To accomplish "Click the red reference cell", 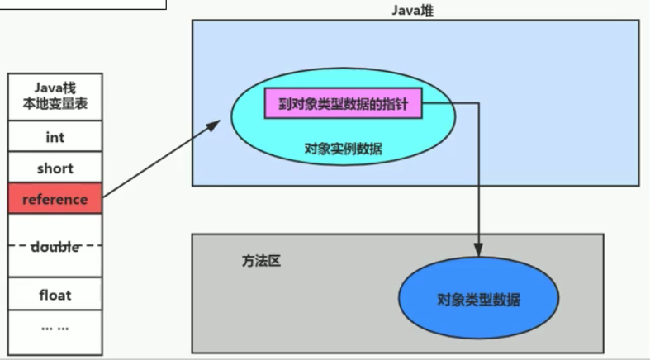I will click(55, 199).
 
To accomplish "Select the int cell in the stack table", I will click(55, 138).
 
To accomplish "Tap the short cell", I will click(55, 168).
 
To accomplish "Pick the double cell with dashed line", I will click(55, 246).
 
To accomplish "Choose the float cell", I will click(55, 295).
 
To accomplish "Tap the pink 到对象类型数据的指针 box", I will click(343, 105).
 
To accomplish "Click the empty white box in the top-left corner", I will click(83, 4).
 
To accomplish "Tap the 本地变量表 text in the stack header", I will click(55, 105).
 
